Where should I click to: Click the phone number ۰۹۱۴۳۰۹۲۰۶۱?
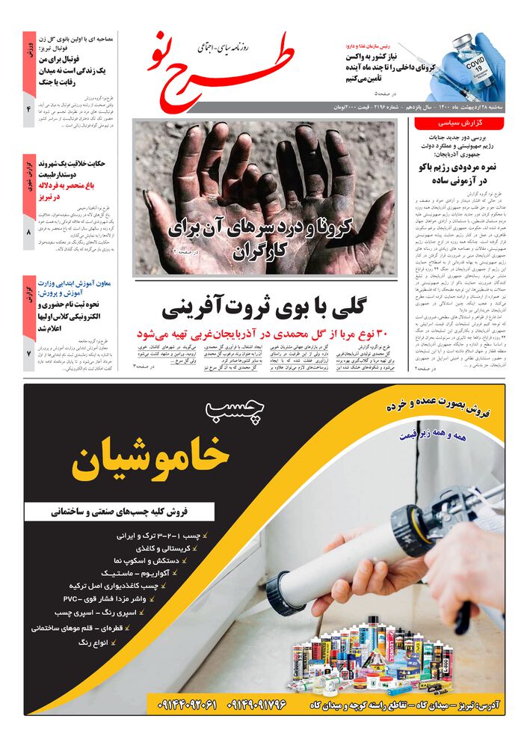[188, 704]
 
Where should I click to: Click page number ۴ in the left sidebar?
[28, 111]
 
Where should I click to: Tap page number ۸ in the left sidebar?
[28, 233]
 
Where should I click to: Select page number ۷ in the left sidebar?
[28, 352]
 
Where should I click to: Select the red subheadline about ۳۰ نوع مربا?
[265, 334]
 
